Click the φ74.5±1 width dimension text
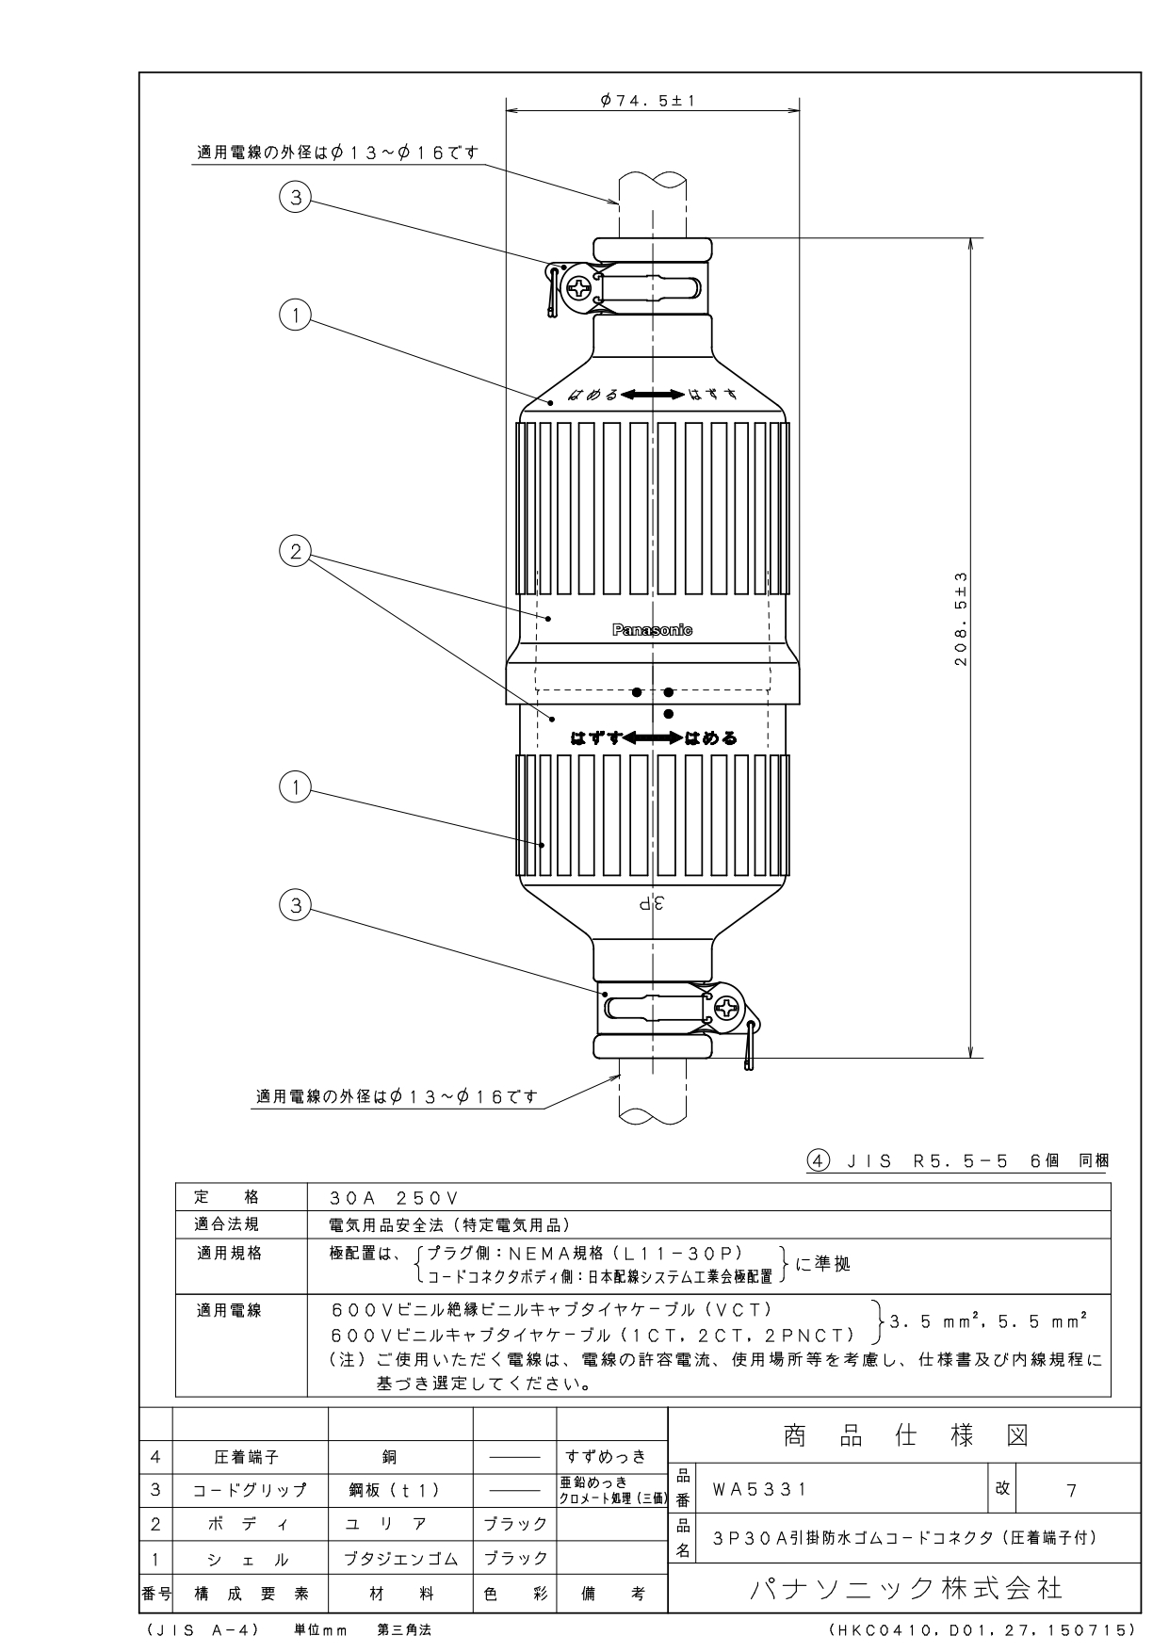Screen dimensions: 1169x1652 (647, 100)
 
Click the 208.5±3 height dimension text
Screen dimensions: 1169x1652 (962, 620)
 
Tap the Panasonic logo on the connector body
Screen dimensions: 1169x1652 (652, 630)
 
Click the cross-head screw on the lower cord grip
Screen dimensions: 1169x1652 (728, 1009)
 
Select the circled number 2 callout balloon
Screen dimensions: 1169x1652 (296, 552)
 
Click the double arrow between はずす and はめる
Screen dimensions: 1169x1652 (652, 738)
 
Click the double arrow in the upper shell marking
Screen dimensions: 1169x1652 (652, 395)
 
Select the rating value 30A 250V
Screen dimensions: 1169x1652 (394, 1198)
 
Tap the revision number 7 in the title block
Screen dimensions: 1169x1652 (1071, 1490)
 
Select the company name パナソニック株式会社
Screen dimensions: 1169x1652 (905, 1587)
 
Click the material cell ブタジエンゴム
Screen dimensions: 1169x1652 (400, 1558)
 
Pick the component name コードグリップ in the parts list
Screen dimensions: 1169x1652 (250, 1490)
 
